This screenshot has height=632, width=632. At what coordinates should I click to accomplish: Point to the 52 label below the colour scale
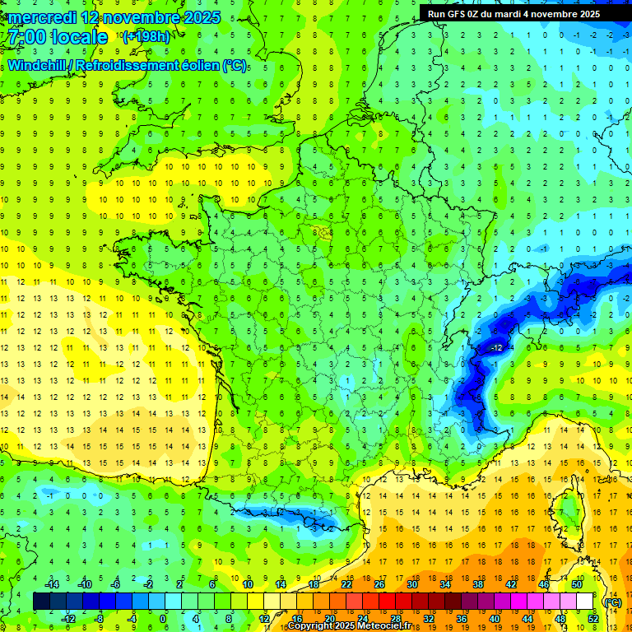tap(593, 619)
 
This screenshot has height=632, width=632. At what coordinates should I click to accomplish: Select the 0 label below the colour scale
tap(163, 619)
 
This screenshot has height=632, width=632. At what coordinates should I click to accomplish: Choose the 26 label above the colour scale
tap(379, 584)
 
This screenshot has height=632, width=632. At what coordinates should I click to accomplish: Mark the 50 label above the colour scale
tap(577, 584)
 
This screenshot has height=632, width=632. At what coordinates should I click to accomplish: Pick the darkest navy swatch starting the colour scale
tap(42, 602)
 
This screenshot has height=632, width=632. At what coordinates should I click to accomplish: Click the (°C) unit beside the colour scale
tap(612, 602)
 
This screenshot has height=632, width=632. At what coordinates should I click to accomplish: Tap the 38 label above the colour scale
tap(478, 584)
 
